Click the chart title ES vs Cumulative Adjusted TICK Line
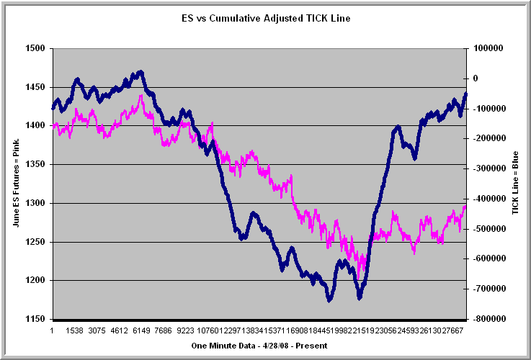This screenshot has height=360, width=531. pos(266,18)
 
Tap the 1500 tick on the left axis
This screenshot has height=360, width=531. pos(35,48)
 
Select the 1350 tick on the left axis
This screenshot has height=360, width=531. pos(35,165)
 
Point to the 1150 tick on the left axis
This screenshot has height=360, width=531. pos(35,319)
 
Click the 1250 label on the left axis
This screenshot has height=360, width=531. pos(35,242)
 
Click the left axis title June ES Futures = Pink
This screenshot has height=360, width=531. pos(15,184)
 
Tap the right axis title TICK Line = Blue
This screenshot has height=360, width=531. pos(514,184)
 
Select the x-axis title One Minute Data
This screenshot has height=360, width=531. pos(259,346)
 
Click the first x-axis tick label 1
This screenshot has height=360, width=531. pos(53,330)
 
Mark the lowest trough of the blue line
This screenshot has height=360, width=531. pos(329,300)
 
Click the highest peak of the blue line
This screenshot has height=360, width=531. pos(140,71)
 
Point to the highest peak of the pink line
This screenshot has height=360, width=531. pos(141,95)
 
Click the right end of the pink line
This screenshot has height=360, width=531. pos(465,206)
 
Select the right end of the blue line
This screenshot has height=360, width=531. pos(465,94)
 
